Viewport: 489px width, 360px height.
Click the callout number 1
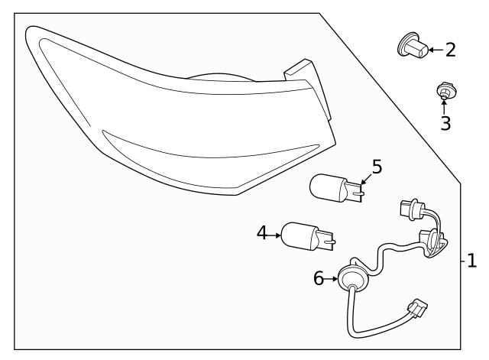[471, 261]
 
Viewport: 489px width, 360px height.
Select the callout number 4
[262, 233]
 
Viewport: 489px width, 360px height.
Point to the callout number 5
[376, 167]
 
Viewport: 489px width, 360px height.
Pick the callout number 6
[319, 279]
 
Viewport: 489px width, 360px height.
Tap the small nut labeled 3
[443, 92]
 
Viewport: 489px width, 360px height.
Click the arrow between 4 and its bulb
[277, 233]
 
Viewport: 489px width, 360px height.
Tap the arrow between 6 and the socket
[333, 280]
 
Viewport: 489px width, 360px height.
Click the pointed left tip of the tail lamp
[28, 32]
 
